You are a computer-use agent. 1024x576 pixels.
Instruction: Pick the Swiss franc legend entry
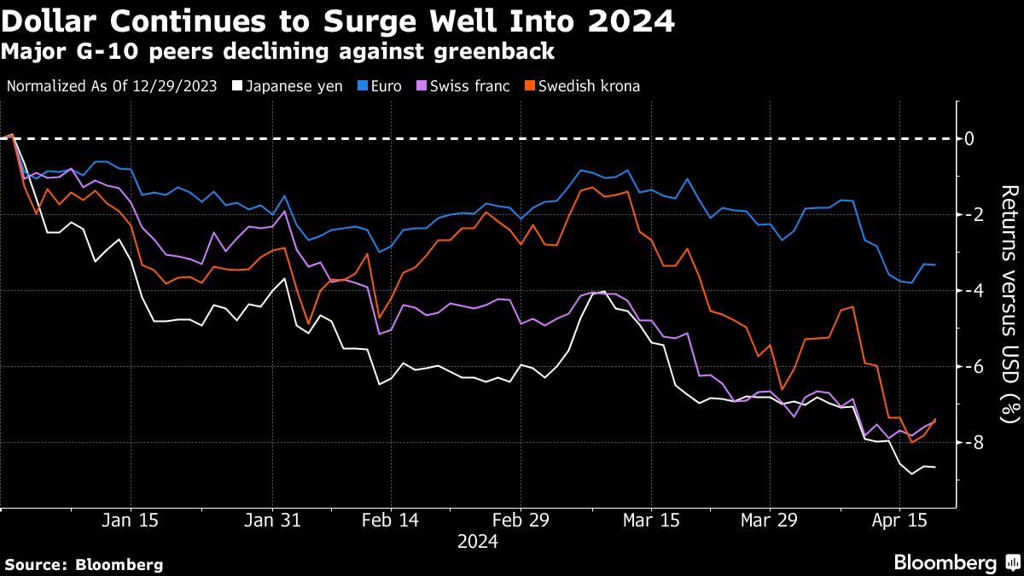[x=464, y=86]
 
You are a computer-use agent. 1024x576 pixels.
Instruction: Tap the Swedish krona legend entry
[x=582, y=86]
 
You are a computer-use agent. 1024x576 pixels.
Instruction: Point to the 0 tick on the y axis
[x=969, y=138]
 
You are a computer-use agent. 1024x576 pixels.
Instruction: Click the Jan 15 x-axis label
[x=131, y=521]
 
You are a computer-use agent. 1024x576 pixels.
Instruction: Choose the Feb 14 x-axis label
[x=390, y=521]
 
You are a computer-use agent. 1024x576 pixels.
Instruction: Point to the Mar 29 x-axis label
[x=767, y=521]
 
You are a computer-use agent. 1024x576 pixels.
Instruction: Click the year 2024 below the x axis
[x=477, y=541]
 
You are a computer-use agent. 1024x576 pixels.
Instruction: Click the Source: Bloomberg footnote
[x=84, y=564]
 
